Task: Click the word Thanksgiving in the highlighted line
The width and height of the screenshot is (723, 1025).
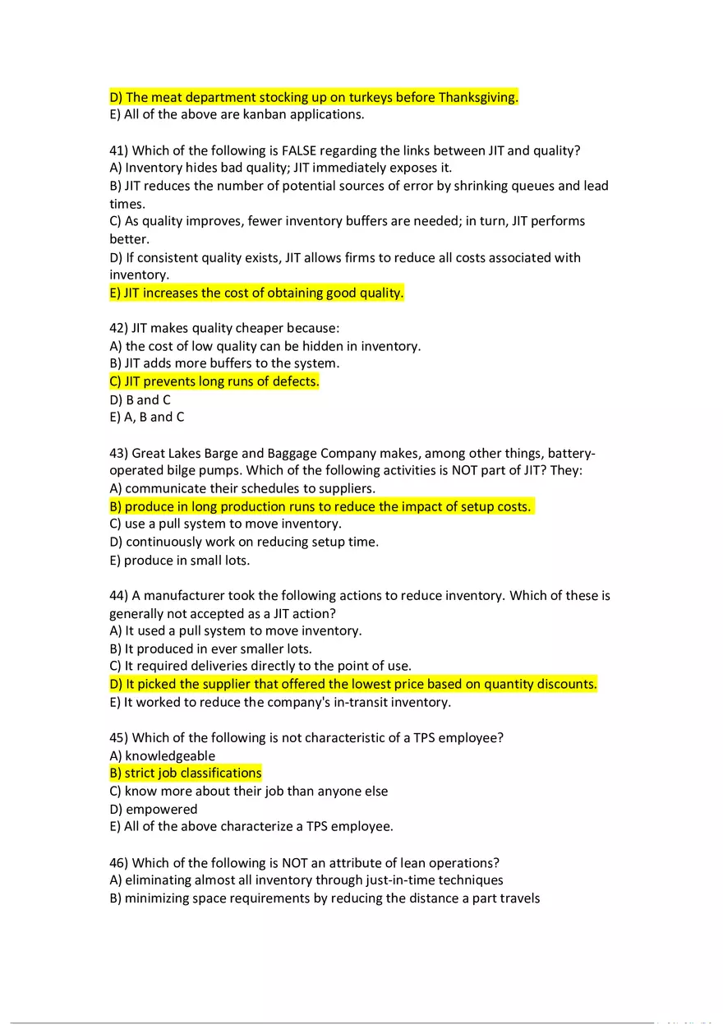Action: (477, 97)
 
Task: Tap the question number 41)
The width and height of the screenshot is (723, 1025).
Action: (118, 150)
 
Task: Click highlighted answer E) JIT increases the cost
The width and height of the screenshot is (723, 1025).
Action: (256, 293)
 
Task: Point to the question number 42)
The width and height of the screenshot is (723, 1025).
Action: (118, 329)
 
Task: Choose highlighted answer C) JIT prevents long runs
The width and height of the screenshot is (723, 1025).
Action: (214, 381)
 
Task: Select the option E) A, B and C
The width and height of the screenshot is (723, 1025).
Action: (146, 417)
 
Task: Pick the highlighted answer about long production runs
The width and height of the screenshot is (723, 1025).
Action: (320, 506)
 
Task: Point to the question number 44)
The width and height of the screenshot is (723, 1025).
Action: (118, 595)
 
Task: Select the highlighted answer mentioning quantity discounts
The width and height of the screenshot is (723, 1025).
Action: (353, 684)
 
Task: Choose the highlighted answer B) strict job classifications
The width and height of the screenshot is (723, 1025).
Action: (186, 773)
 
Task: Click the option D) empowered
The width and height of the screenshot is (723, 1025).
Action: (153, 809)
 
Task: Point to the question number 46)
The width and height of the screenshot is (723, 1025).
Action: (118, 862)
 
